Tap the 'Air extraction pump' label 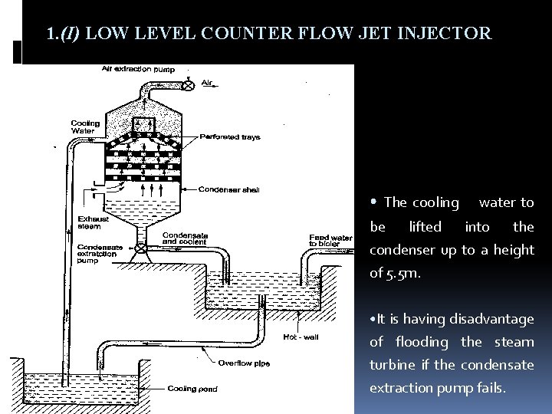[139, 70]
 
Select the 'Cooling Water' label [85, 126]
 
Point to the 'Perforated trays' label [230, 137]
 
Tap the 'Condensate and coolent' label [186, 238]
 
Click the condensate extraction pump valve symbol [141, 248]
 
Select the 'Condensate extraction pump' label [98, 254]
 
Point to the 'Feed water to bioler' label [330, 240]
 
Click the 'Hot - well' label [300, 336]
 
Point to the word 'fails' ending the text [489, 387]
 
